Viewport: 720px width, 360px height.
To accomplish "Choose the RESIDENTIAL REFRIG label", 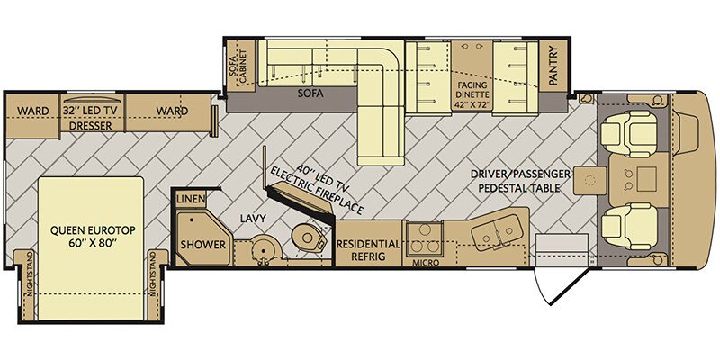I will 367,250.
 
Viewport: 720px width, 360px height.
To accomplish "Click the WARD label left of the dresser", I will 33,111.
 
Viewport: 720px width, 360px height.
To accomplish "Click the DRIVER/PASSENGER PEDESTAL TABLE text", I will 521,181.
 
